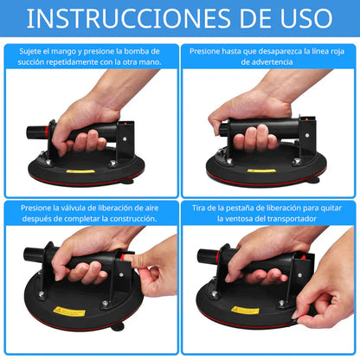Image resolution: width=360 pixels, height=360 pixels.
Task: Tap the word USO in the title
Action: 299,19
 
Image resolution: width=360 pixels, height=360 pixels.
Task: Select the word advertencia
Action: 268,62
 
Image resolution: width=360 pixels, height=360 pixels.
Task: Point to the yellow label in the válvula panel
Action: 69,310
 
